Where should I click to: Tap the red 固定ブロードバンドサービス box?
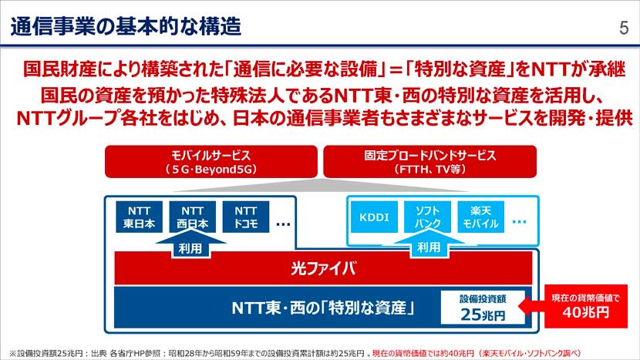pyautogui.click(x=430, y=160)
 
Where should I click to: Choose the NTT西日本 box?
pyautogui.click(x=191, y=217)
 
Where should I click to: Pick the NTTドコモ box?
pyautogui.click(x=245, y=217)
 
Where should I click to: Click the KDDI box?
pyautogui.click(x=374, y=217)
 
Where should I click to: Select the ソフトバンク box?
pyautogui.click(x=428, y=217)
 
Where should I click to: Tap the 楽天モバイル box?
pyautogui.click(x=482, y=217)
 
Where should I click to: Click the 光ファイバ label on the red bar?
pyautogui.click(x=323, y=268)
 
